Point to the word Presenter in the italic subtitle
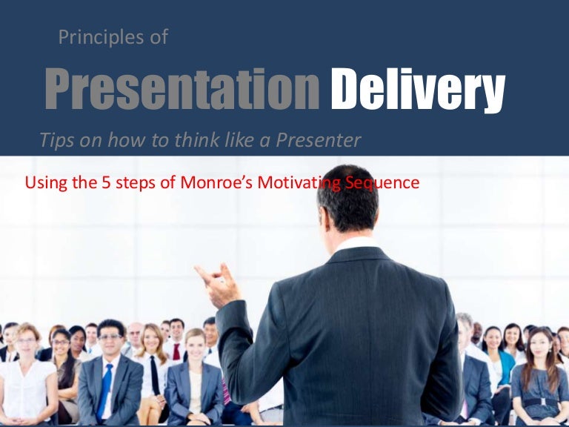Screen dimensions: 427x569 pyautogui.click(x=327, y=139)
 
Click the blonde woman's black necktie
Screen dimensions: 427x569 pyautogui.click(x=155, y=375)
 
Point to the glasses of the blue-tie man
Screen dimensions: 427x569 pyautogui.click(x=110, y=337)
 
